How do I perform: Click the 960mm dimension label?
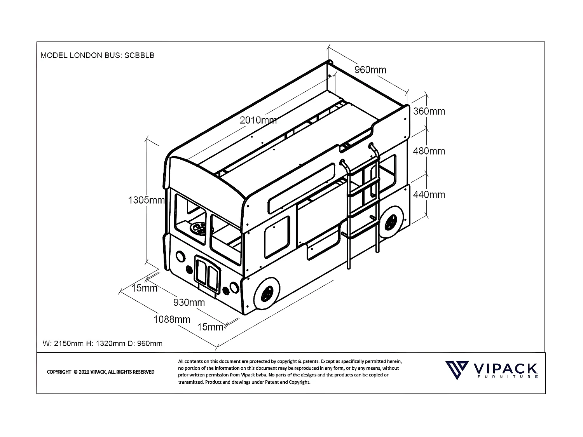tap(370, 70)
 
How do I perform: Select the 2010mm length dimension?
tap(258, 120)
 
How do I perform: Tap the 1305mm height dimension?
tap(147, 200)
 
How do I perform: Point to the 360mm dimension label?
tap(429, 111)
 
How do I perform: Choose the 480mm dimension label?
tap(429, 151)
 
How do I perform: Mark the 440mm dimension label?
tap(429, 195)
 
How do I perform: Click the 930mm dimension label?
tap(189, 302)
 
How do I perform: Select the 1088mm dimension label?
tap(172, 319)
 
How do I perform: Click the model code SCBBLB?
tap(139, 55)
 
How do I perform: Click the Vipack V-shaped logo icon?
tap(457, 370)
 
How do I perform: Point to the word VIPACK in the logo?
tap(505, 369)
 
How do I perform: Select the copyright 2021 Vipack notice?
tap(100, 372)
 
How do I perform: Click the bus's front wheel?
tap(267, 293)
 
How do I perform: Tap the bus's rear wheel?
tap(391, 222)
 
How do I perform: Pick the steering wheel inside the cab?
tap(199, 228)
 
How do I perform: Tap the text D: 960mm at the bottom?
tap(145, 343)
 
